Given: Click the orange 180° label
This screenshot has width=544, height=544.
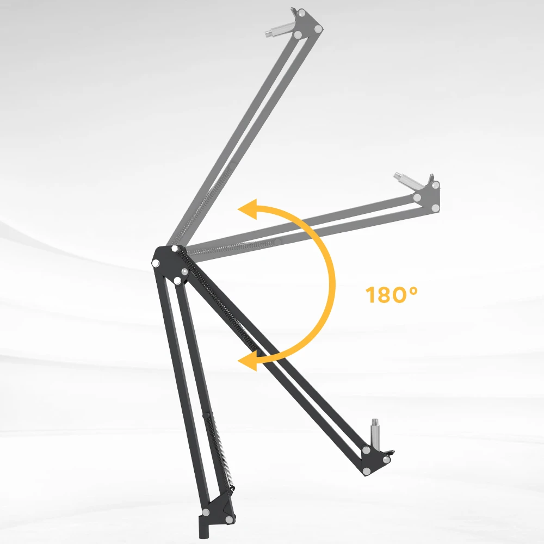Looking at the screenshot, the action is pos(392,295).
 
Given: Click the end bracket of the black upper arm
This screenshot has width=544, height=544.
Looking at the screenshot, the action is pos(376,460).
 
